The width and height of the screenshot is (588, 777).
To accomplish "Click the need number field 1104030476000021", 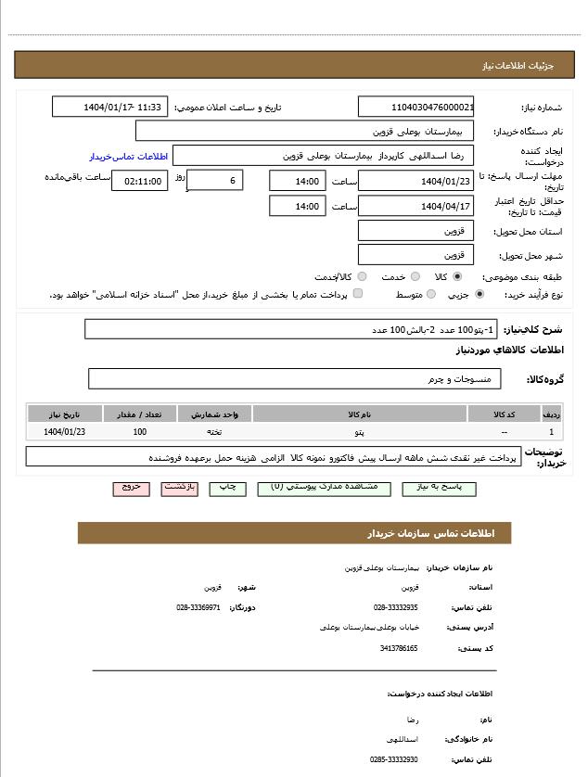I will pyautogui.click(x=415, y=107).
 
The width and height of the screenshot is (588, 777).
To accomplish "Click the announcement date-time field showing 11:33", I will pyautogui.click(x=110, y=107).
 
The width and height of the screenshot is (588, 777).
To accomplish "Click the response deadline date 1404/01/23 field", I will pyautogui.click(x=415, y=181).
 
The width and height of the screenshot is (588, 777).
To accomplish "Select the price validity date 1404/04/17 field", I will pyautogui.click(x=415, y=206).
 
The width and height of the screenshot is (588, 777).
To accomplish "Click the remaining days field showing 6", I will pyautogui.click(x=215, y=180).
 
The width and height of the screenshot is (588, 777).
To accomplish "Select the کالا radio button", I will pyautogui.click(x=457, y=276).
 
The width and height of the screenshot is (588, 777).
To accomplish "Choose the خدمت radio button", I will pyautogui.click(x=415, y=276).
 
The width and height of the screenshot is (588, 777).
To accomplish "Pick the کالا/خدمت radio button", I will pyautogui.click(x=362, y=276).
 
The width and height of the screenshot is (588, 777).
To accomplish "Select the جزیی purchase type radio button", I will pyautogui.click(x=479, y=294).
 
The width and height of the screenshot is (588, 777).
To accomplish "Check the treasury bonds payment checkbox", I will pyautogui.click(x=358, y=294).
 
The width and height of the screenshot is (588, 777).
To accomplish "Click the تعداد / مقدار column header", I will pyautogui.click(x=140, y=414).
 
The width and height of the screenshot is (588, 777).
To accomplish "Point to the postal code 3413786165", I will pyautogui.click(x=399, y=648).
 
